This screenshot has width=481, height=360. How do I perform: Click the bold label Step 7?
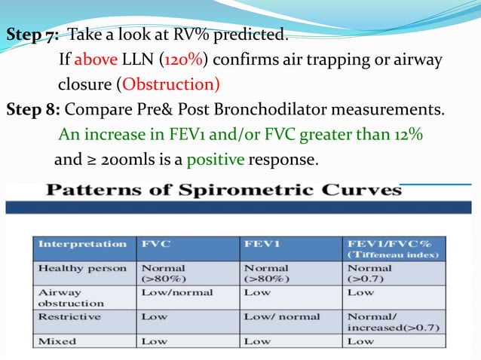pos(35,35)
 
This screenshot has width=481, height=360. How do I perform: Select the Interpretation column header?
pos(82,244)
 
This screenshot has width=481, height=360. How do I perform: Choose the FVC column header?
pos(156,244)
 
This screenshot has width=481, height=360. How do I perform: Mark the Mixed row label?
pos(58,341)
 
